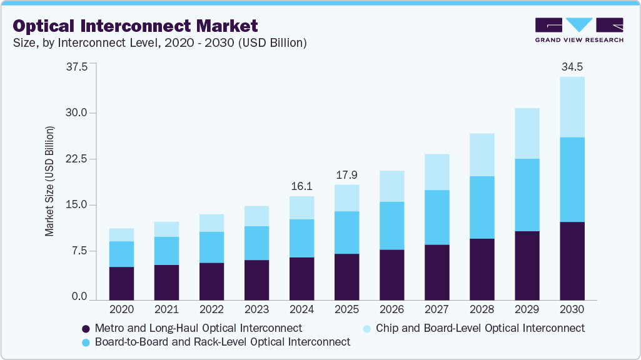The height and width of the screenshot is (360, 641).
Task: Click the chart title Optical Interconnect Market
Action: coord(135,26)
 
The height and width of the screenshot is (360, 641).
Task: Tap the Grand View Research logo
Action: coord(579,30)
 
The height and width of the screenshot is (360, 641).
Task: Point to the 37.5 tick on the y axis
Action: coord(77,67)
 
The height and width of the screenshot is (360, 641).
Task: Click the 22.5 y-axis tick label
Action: coord(77,159)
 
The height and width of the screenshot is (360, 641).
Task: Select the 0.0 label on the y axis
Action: coord(79,297)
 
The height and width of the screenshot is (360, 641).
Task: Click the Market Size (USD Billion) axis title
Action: coord(49,181)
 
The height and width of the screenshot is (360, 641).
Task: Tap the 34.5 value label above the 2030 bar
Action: coord(572,66)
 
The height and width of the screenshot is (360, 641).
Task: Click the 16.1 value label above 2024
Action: coord(301,186)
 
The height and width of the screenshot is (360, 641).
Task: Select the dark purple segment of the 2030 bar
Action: coord(572,261)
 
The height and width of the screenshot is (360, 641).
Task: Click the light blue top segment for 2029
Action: coord(527,133)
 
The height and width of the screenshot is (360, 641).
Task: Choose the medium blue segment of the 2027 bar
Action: coord(437,217)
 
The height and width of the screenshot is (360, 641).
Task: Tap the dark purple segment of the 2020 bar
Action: coord(121,283)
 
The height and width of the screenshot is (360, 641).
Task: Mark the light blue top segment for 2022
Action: coord(211,222)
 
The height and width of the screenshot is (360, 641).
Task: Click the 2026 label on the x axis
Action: coord(391,309)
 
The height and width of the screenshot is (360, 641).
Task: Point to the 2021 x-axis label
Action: coord(166,309)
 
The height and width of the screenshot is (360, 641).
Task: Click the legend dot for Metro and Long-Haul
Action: coord(86,328)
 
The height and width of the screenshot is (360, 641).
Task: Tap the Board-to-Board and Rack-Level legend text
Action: coord(223,342)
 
